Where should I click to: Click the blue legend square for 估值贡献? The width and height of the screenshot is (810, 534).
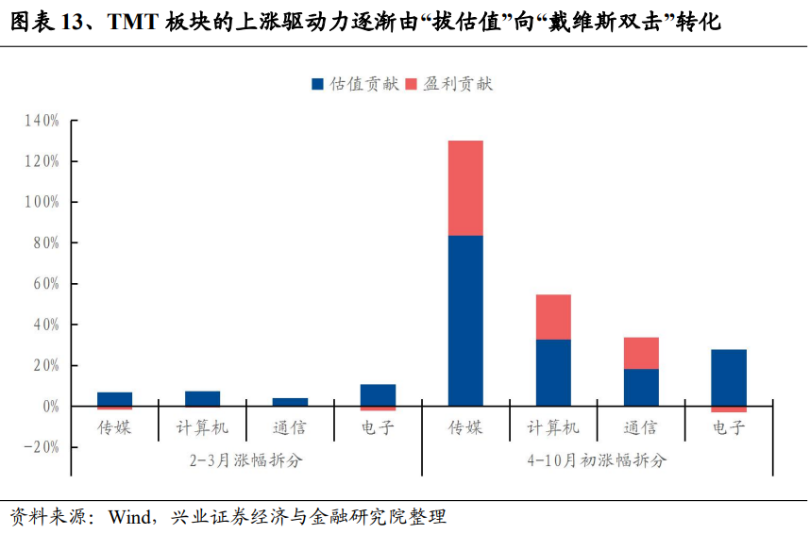pos(317,84)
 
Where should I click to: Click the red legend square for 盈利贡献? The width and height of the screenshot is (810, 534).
pos(412,84)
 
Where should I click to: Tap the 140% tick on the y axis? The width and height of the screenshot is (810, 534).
pos(42,121)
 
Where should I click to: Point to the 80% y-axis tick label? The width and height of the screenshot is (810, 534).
pos(44,242)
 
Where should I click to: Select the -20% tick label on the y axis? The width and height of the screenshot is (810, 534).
pos(40,446)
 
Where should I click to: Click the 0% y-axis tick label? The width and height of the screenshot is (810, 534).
pos(48,406)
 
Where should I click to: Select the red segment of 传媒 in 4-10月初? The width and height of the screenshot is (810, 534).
pos(465,188)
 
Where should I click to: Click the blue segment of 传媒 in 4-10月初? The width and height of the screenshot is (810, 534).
pos(465,321)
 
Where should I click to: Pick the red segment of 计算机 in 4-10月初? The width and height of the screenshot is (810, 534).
pos(553,317)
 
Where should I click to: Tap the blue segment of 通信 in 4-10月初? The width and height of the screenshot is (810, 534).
pos(641,387)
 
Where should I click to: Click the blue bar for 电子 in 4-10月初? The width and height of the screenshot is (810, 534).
pos(729,377)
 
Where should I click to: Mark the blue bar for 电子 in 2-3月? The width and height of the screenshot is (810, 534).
pos(378,394)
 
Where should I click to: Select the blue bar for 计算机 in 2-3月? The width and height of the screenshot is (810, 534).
pos(202,398)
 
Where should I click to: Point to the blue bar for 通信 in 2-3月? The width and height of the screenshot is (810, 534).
pos(290,402)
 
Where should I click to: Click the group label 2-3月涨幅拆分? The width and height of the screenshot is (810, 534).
pos(245,460)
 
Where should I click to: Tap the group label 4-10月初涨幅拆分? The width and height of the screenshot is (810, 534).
pos(597,460)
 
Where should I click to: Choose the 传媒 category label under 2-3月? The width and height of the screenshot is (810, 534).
pos(114,427)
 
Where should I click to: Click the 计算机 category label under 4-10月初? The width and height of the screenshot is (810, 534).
pos(553,427)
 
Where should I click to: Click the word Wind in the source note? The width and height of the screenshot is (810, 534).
pos(130,517)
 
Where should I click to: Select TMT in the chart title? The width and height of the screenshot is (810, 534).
pos(131,22)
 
